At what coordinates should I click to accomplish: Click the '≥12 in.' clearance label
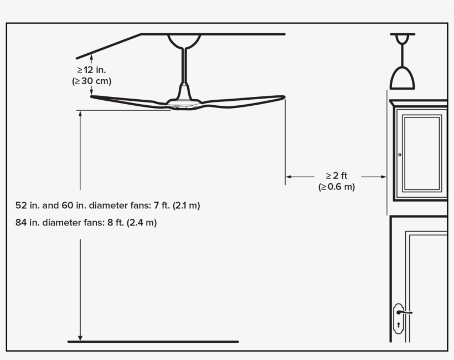tap(91, 70)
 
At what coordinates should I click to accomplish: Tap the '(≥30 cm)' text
tap(91, 81)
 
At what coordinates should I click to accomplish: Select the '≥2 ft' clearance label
tap(337, 176)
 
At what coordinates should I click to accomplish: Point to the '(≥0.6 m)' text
tap(337, 187)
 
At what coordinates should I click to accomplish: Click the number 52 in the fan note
tap(21, 205)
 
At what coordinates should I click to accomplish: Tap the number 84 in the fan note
tap(21, 223)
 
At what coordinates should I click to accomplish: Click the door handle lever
tap(405, 312)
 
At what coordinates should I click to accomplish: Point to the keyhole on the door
tap(399, 325)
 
